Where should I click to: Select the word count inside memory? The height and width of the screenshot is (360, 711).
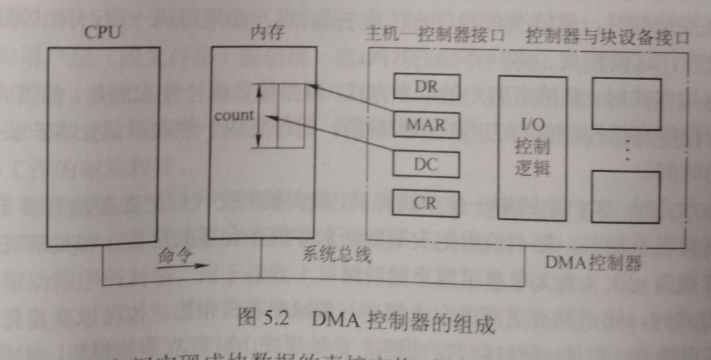(x=233, y=116)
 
